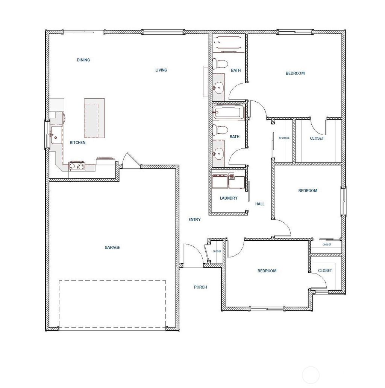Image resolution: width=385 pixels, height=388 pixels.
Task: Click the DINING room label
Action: [83, 60]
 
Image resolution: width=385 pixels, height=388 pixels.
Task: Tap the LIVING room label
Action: [161, 70]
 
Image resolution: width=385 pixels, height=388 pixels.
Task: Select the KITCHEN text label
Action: [77, 143]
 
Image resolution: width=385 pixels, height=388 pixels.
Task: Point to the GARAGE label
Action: [112, 247]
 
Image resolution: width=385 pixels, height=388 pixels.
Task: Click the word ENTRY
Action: [194, 220]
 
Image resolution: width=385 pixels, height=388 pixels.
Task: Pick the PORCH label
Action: [200, 287]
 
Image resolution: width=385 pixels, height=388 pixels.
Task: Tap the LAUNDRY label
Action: [229, 198]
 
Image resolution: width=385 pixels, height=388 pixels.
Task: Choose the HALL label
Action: [260, 204]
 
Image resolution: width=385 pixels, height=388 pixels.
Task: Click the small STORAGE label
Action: [284, 138]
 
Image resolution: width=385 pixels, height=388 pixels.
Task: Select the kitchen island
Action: [94, 118]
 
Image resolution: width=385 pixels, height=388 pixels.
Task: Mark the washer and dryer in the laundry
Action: [228, 181]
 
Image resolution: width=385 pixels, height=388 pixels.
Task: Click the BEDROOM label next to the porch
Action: [267, 271]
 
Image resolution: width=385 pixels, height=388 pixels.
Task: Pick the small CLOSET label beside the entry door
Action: [217, 251]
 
